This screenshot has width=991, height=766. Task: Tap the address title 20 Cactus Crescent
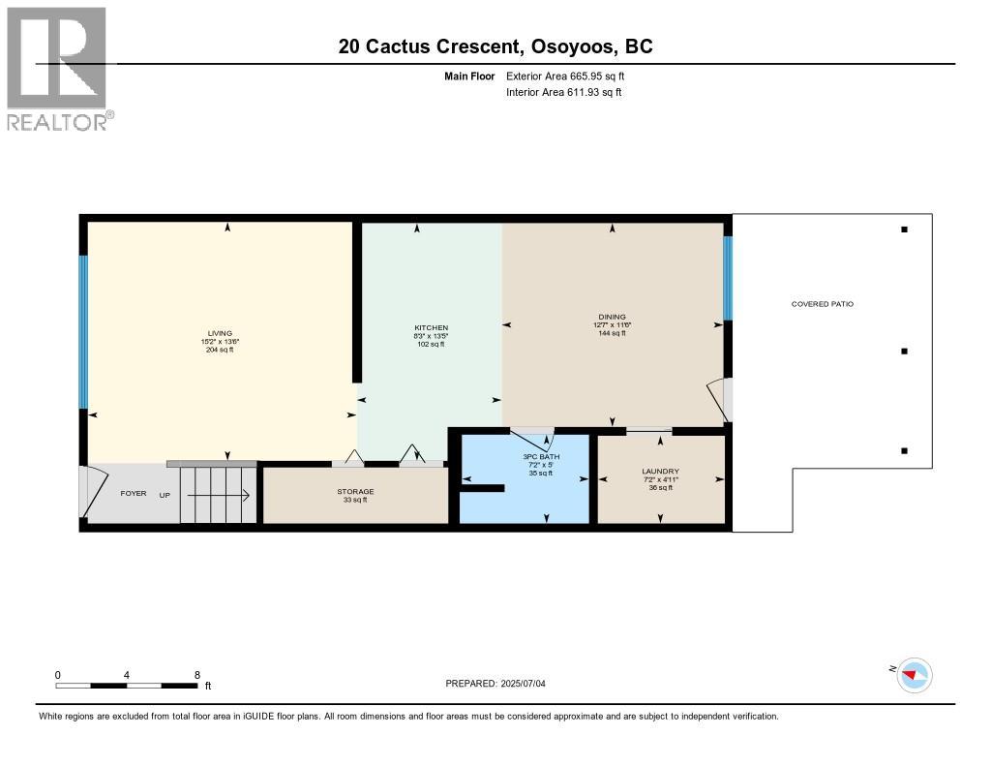pyautogui.click(x=495, y=46)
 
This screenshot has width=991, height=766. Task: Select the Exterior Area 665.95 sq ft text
pyautogui.click(x=572, y=76)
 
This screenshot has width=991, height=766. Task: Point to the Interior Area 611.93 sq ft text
pyautogui.click(x=563, y=93)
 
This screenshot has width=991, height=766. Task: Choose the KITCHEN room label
pyautogui.click(x=431, y=328)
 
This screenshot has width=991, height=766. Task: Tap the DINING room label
pyautogui.click(x=612, y=317)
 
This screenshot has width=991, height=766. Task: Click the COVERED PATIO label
pyautogui.click(x=823, y=304)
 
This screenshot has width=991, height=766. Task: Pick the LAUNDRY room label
pyautogui.click(x=661, y=472)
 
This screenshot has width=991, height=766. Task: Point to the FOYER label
pyautogui.click(x=134, y=494)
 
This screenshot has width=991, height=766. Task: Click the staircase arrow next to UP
pyautogui.click(x=219, y=496)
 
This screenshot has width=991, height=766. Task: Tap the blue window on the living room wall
pyautogui.click(x=83, y=331)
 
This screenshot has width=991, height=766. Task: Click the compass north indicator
pyautogui.click(x=913, y=674)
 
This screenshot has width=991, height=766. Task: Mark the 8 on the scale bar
pyautogui.click(x=197, y=675)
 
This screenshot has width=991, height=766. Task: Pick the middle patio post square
pyautogui.click(x=904, y=352)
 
